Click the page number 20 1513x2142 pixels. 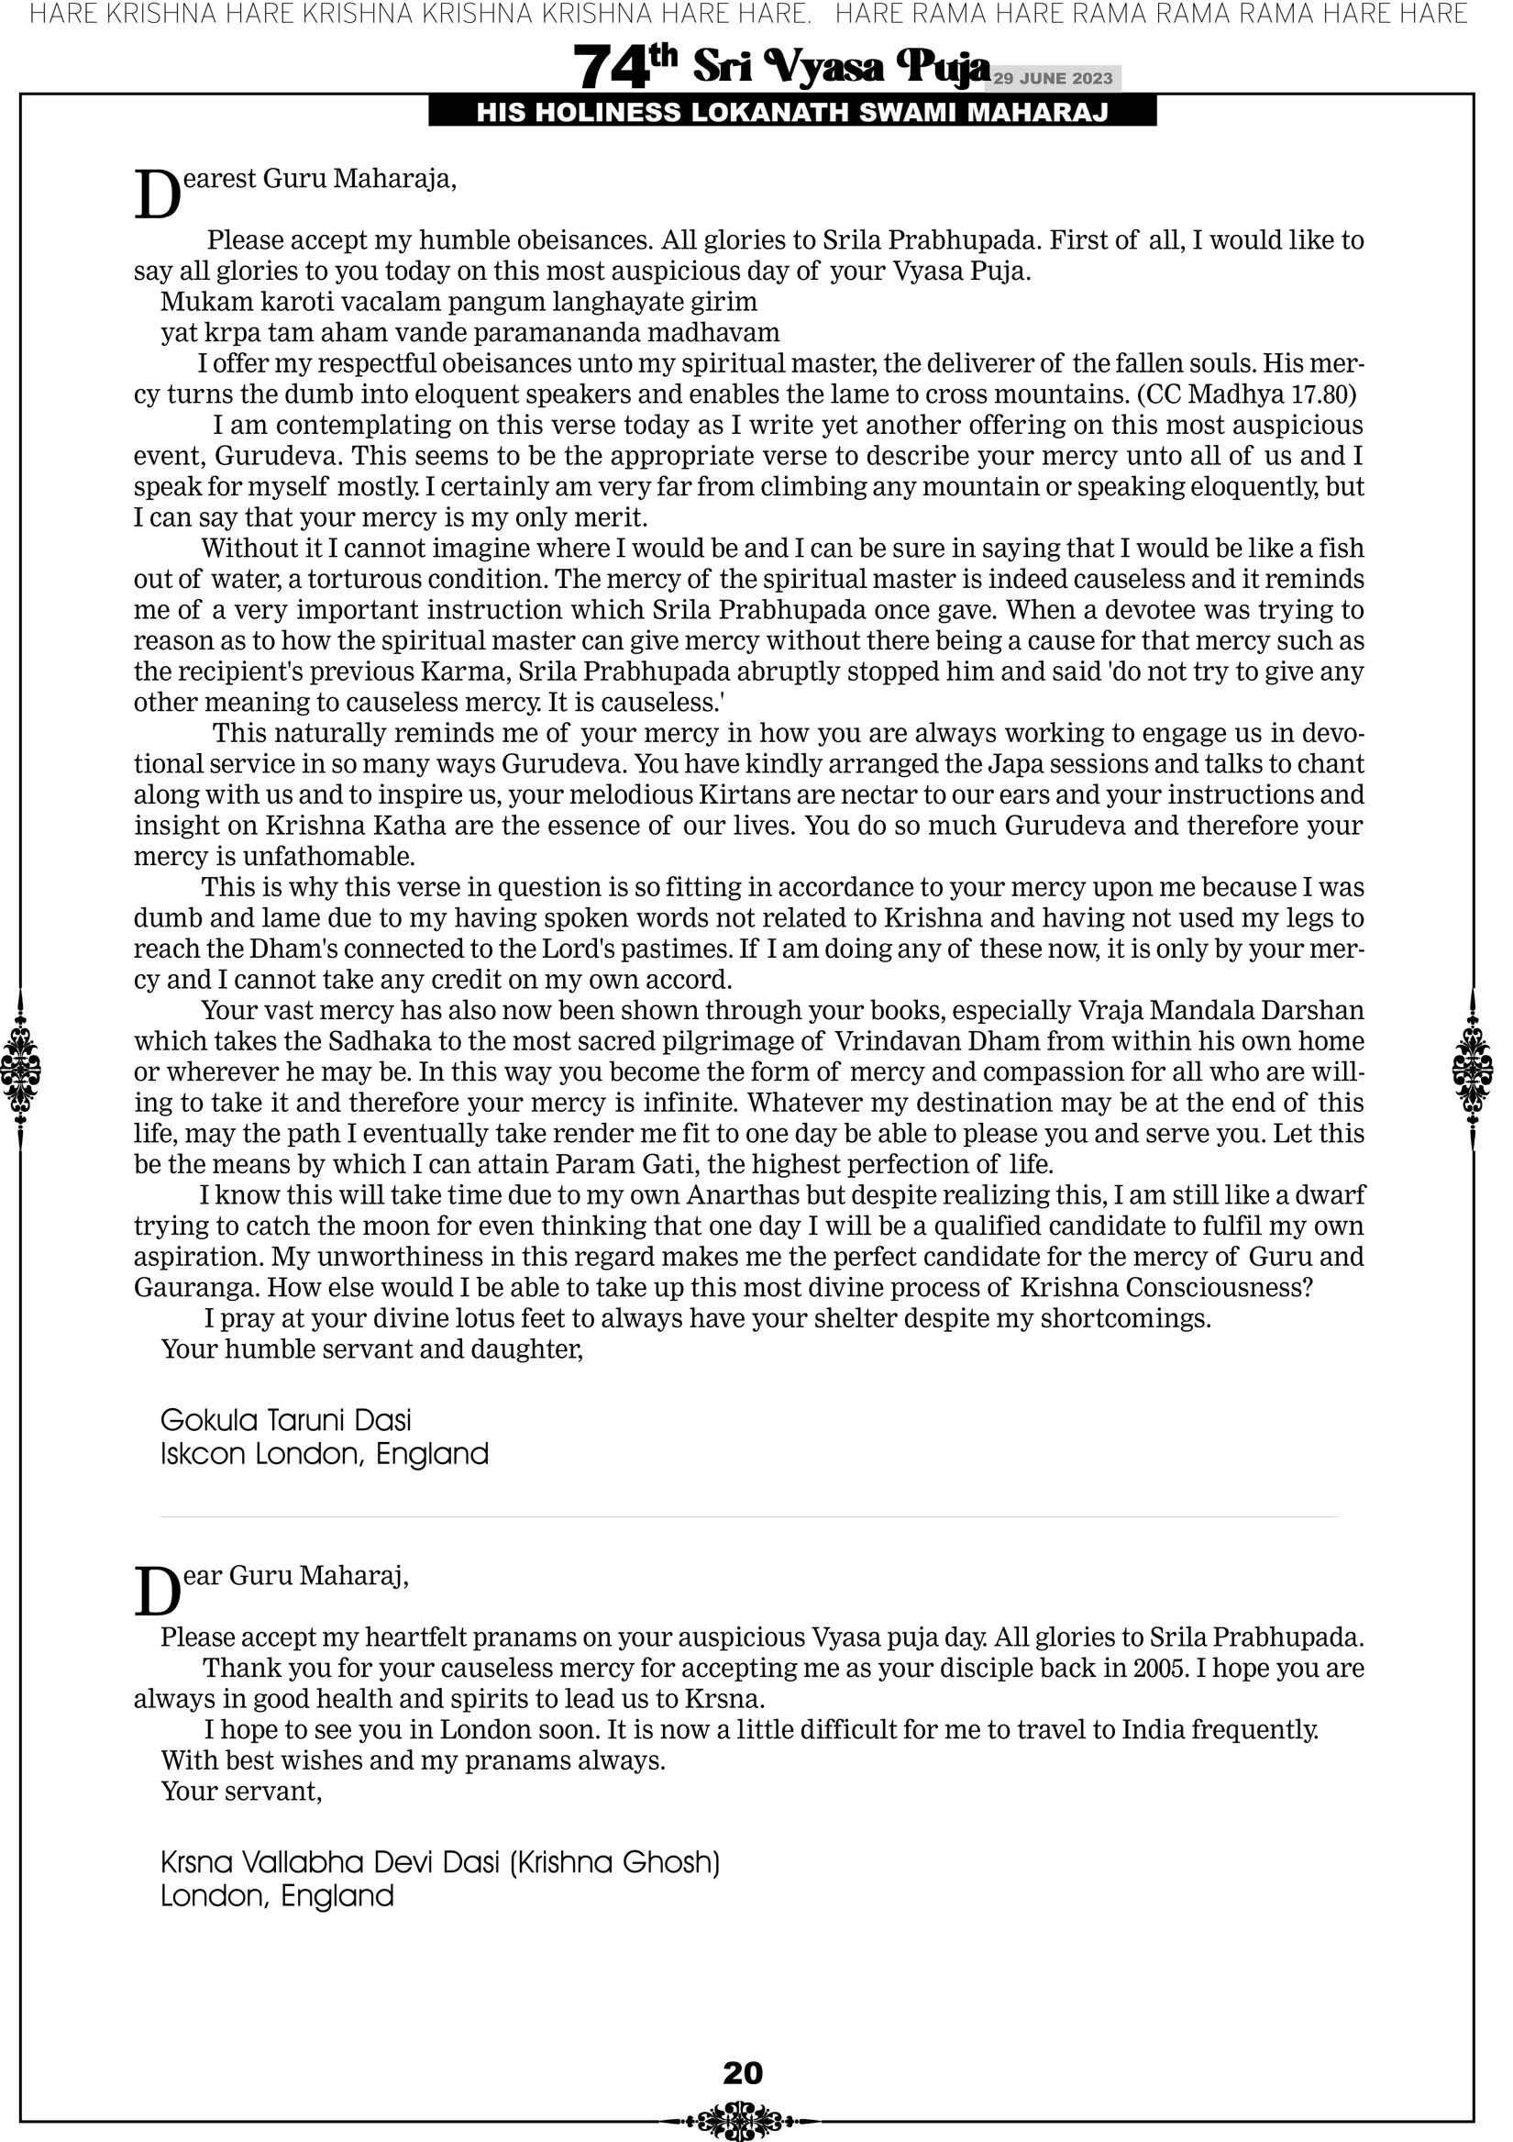(x=743, y=2072)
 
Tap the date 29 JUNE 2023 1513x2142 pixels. (x=1052, y=78)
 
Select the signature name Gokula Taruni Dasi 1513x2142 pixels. (x=285, y=1420)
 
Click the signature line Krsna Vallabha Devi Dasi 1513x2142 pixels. (x=439, y=1862)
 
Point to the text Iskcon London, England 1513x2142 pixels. (x=324, y=1453)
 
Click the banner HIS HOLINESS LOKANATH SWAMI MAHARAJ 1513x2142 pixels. (x=792, y=113)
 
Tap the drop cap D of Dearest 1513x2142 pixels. (x=157, y=196)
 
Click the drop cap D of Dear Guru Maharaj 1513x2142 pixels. (x=157, y=1593)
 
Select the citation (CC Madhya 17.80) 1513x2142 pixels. (x=1246, y=394)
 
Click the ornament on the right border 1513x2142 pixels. (x=1473, y=1069)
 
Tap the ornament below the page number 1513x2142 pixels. (x=743, y=2120)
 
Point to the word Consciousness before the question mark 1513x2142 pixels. (x=1211, y=1287)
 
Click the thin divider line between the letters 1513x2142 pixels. (x=748, y=1517)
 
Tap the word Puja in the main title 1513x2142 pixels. (x=942, y=67)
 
